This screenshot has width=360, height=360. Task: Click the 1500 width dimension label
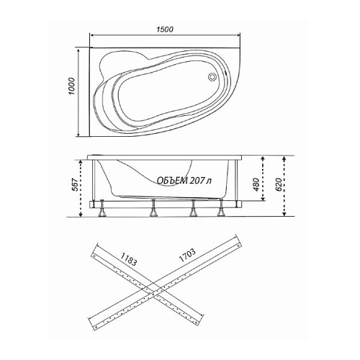165,30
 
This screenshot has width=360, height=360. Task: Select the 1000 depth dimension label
72,86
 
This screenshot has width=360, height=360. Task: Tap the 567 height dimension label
75,185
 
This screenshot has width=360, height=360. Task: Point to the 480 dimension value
256,184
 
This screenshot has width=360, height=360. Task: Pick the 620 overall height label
279,184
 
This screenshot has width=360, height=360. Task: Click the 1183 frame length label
128,259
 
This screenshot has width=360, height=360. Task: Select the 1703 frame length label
187,255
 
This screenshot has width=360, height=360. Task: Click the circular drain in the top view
212,76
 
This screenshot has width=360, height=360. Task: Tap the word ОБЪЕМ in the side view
172,181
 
